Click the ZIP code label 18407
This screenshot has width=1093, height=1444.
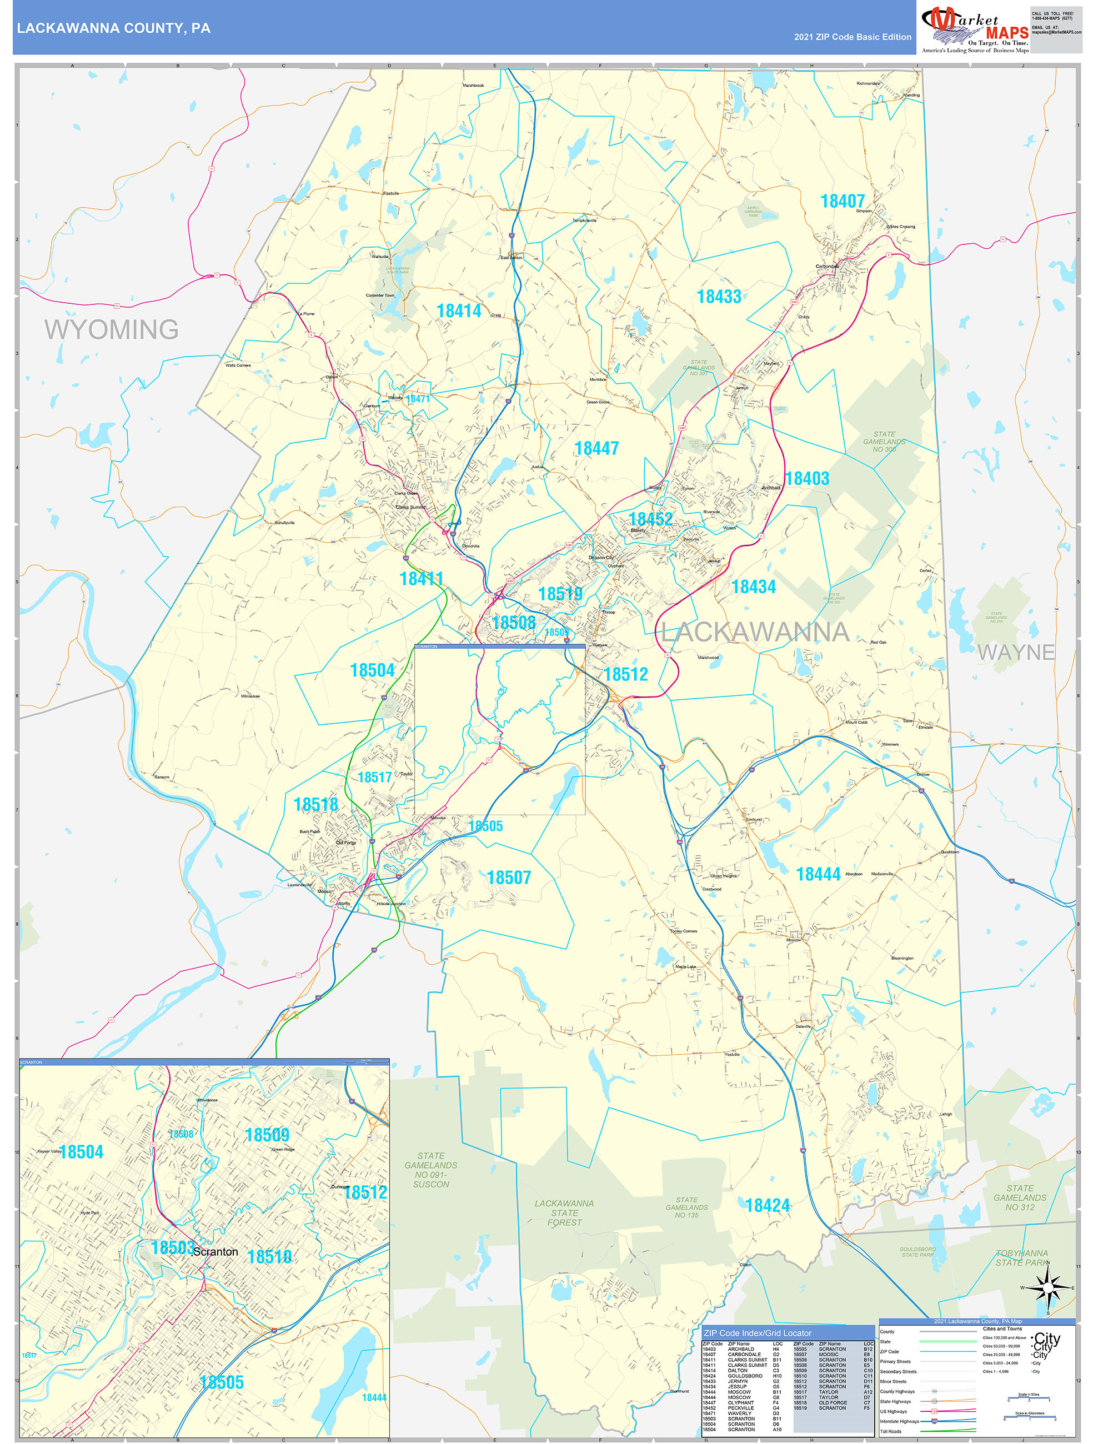point(843,201)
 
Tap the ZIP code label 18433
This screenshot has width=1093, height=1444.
point(719,297)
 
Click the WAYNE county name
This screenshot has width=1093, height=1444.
point(1015,651)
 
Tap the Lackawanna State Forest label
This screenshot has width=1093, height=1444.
point(564,1212)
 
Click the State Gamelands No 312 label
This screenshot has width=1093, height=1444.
point(1019,1197)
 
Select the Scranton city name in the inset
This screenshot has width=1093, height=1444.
point(215,1251)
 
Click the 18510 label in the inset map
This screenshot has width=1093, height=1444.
point(269,1257)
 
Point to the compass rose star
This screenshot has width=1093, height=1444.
point(1049,1287)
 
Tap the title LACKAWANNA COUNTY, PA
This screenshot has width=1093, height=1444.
point(114,28)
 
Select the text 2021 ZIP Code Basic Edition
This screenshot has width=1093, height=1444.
point(852,37)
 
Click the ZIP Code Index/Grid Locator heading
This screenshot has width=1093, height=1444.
point(758,1333)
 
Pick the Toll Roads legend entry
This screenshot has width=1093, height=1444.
point(891,1431)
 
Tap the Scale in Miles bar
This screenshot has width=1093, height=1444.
point(1029,1399)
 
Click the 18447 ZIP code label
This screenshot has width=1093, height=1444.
point(596,449)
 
